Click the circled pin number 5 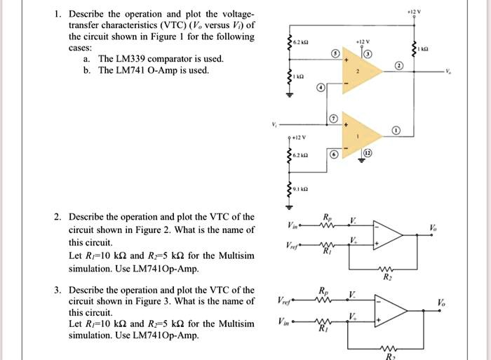336,53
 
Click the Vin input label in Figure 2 294,225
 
